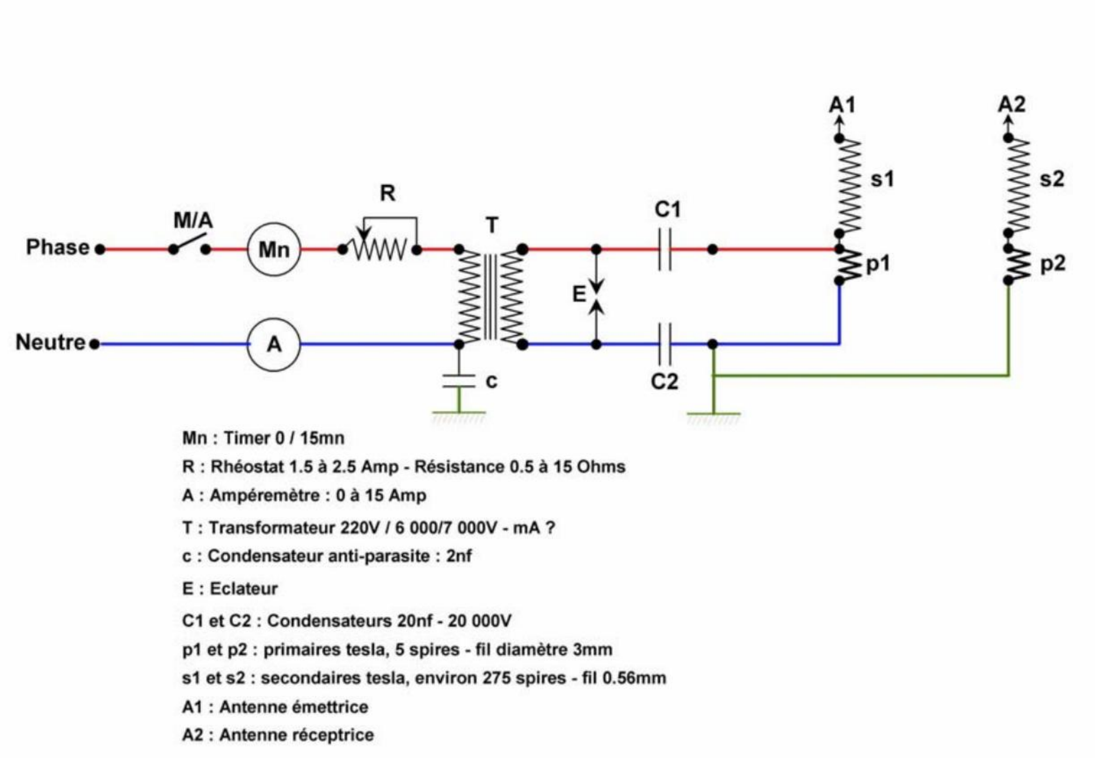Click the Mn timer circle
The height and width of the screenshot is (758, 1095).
click(x=273, y=249)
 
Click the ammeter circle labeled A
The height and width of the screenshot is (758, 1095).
click(x=273, y=344)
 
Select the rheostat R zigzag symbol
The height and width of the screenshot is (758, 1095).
click(x=379, y=249)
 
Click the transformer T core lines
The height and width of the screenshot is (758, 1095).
click(x=490, y=297)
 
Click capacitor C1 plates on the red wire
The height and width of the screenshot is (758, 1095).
click(x=664, y=249)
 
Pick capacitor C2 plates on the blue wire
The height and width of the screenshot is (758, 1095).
click(x=664, y=344)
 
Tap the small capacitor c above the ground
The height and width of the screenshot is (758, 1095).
click(x=459, y=381)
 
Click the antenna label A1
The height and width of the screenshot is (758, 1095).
click(x=841, y=104)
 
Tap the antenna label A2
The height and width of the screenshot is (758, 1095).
click(x=1011, y=104)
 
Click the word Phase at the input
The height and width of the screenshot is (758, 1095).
click(x=57, y=247)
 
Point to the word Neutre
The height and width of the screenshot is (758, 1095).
click(x=50, y=342)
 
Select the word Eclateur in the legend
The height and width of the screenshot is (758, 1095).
click(x=243, y=588)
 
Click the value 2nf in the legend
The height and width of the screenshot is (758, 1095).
click(x=459, y=556)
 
